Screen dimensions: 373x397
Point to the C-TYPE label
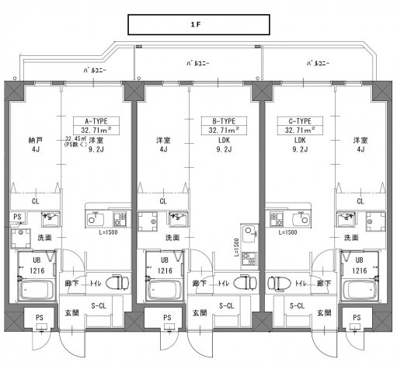298,122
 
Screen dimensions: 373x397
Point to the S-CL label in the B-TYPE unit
226,307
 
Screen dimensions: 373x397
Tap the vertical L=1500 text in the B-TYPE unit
237,248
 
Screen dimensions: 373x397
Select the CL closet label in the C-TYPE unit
360,200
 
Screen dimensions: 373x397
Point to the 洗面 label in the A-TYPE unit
46,236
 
